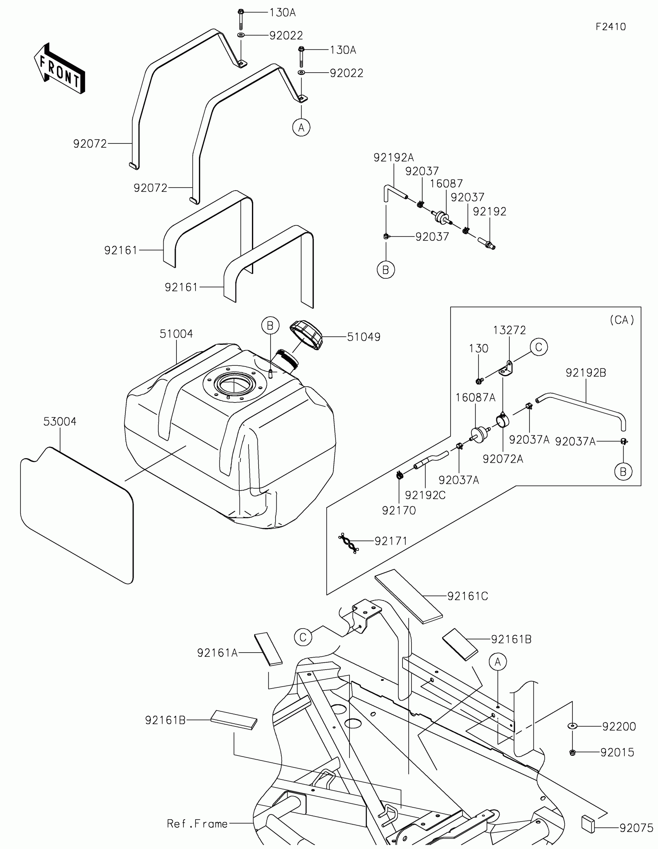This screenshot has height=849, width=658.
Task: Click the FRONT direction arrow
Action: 60,68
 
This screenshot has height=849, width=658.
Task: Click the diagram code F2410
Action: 610,27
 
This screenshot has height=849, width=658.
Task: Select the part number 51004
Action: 176,334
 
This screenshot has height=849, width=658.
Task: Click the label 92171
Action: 391,541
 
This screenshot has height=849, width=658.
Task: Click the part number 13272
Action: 509,330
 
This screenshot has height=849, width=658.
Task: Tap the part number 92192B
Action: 586,373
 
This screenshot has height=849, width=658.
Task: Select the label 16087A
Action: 475,398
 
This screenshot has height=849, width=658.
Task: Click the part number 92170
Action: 399,510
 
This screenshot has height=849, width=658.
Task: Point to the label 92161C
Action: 467,596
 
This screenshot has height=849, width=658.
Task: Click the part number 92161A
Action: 217,653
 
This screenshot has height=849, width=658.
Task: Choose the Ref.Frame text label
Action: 197,824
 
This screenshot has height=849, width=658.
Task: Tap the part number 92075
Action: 636,829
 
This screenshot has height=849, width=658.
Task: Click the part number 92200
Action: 619,726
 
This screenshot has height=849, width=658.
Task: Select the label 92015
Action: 617,753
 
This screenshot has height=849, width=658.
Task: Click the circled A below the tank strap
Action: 301,127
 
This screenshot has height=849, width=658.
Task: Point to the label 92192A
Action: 393,157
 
